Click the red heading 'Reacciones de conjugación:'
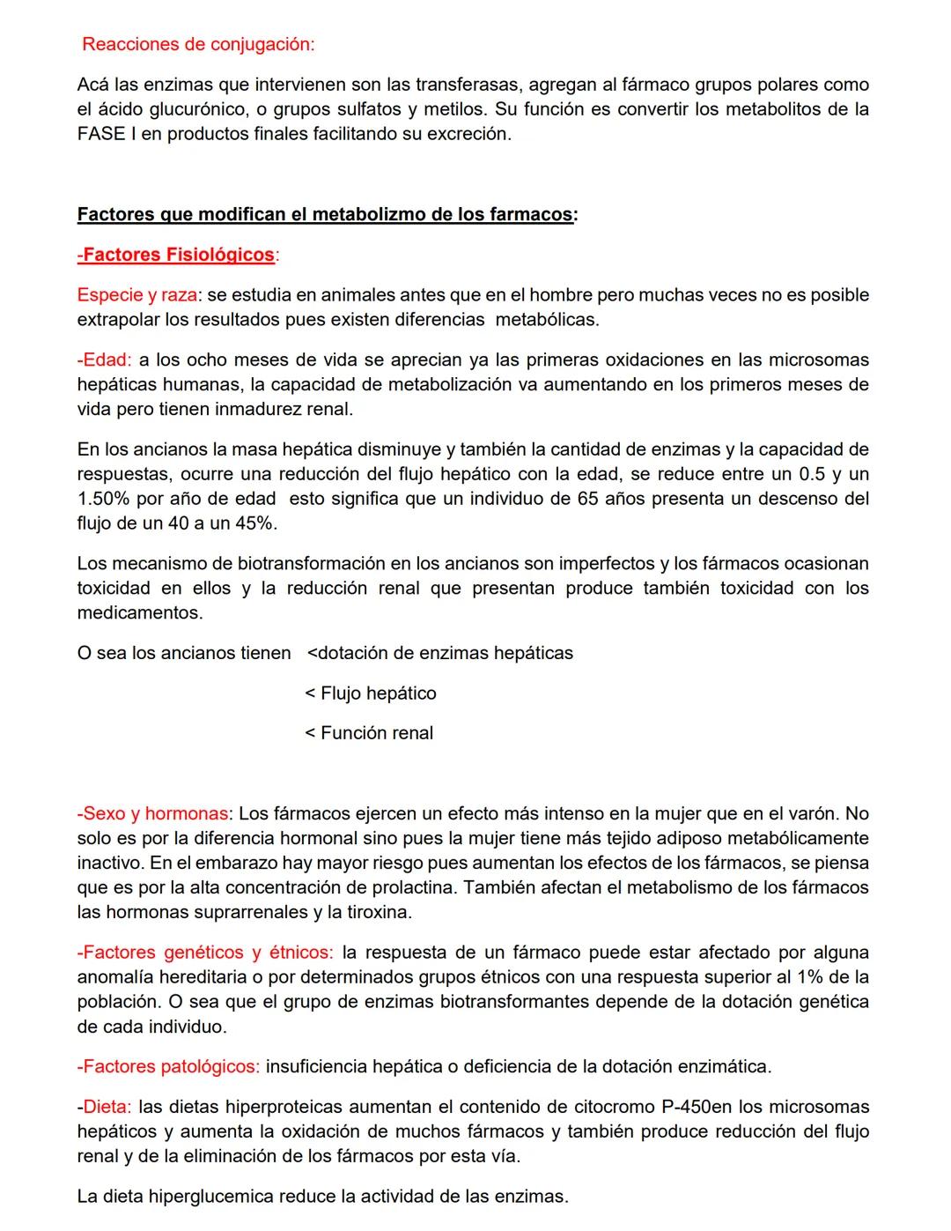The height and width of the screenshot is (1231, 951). (x=198, y=44)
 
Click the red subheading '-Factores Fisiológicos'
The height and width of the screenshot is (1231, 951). (x=176, y=255)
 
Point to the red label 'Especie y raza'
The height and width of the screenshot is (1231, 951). (x=136, y=294)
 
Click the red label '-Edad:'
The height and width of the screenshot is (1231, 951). (x=104, y=360)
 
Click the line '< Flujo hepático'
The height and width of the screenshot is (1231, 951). (x=371, y=693)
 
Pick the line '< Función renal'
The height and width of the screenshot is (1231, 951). (x=369, y=733)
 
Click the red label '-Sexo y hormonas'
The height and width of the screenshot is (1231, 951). (x=153, y=813)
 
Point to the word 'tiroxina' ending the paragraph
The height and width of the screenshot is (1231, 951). (x=378, y=912)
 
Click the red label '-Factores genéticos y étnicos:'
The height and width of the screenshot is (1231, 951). (x=205, y=953)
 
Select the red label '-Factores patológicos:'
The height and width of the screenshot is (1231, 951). (x=168, y=1067)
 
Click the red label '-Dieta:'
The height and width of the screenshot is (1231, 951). (x=104, y=1107)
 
